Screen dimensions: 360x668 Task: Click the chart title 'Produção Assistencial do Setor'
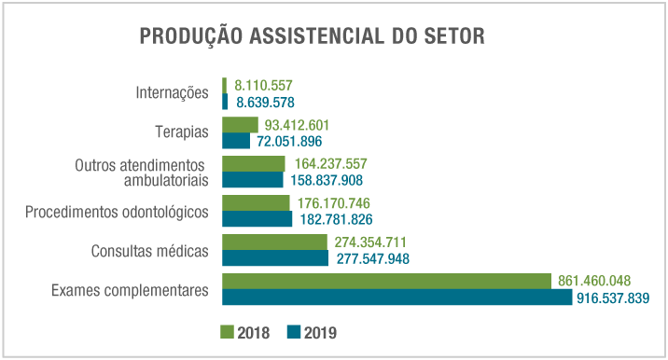point(312,36)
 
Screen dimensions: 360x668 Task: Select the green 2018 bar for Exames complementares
point(386,281)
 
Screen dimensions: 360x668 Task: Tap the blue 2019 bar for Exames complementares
point(397,297)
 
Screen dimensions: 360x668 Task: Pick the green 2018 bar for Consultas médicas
point(274,242)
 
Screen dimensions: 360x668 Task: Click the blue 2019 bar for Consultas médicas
point(275,257)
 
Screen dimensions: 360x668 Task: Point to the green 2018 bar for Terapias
point(240,125)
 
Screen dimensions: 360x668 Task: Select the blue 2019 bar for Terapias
point(236,141)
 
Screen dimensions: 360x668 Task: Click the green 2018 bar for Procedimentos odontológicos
point(256,202)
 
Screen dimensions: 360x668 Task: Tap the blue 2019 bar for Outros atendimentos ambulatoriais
point(252,179)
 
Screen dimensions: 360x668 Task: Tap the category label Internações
point(171,93)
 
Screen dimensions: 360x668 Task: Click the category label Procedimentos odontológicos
point(117,211)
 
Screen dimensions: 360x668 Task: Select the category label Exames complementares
point(131,290)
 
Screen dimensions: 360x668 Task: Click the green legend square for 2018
point(227,332)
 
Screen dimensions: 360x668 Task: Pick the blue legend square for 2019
point(292,332)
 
